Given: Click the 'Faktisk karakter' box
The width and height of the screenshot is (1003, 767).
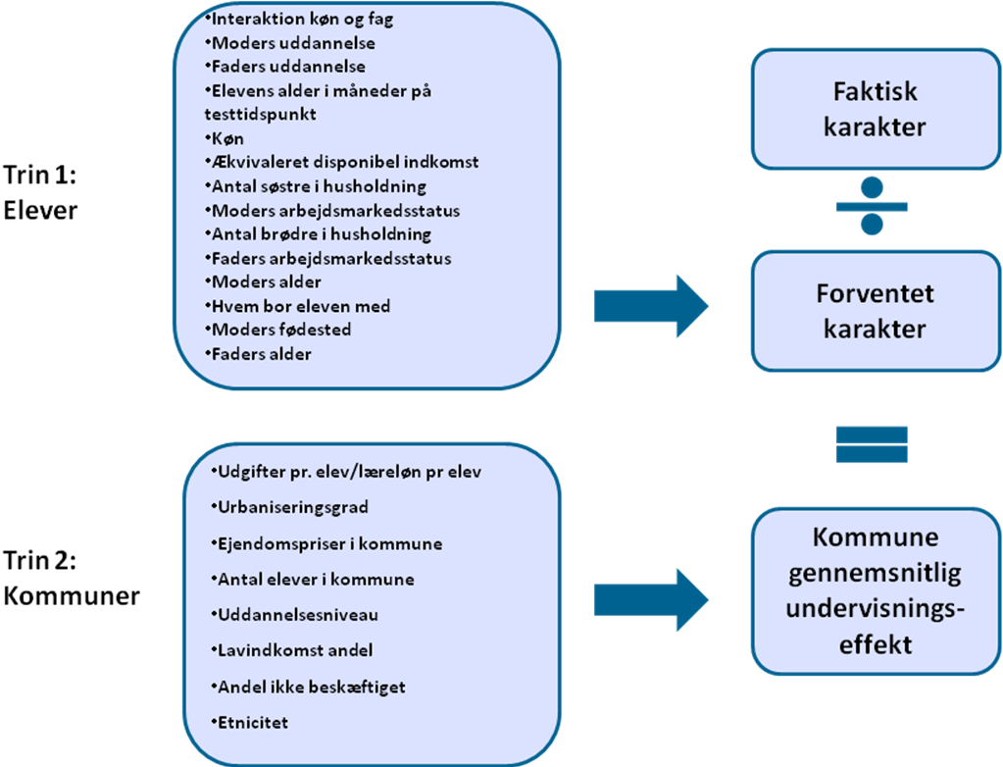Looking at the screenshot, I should [876, 109].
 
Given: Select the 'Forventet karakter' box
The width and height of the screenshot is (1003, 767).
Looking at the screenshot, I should [876, 311].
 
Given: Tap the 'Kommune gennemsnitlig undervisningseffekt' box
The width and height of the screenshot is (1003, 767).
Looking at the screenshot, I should [876, 590].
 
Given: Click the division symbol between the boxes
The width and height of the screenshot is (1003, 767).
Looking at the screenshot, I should [872, 206].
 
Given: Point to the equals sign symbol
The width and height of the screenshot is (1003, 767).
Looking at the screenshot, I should [872, 444].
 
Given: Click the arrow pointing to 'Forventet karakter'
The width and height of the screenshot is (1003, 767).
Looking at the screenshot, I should [650, 306].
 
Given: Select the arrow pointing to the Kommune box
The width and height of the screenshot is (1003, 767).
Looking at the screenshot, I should [650, 597].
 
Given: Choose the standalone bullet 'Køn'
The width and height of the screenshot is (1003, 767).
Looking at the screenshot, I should [227, 138].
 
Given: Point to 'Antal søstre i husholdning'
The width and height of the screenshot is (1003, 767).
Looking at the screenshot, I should [319, 186].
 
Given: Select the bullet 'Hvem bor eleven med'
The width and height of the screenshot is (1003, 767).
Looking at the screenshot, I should [300, 306].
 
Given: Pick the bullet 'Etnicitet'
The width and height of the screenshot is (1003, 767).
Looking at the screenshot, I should [251, 723].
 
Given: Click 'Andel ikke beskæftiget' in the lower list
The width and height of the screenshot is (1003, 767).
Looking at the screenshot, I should [309, 687].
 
